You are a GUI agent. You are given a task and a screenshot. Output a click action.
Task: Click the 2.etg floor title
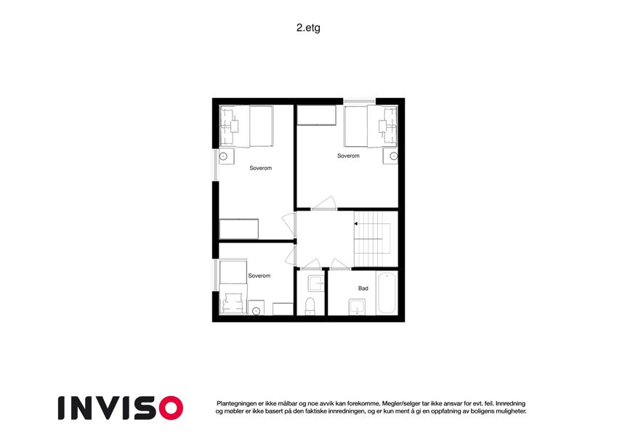tap(308, 28)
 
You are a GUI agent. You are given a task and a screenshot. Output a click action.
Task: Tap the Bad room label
tap(363, 288)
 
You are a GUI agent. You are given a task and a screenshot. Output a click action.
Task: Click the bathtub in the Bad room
tap(387, 293)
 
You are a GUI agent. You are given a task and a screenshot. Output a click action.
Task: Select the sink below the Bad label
tap(357, 307)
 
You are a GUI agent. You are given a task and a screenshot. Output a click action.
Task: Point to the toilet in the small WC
tap(310, 306)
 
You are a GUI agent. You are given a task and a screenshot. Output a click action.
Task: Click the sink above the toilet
tap(316, 283)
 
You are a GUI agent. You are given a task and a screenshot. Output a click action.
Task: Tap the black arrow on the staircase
tap(355, 224)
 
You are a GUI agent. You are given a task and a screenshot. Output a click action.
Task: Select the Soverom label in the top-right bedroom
tap(348, 156)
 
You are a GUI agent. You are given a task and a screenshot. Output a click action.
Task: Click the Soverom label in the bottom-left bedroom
tap(259, 276)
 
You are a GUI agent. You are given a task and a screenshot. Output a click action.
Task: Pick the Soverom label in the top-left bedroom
tap(260, 168)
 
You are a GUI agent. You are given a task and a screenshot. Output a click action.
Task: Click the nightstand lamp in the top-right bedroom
tap(393, 156)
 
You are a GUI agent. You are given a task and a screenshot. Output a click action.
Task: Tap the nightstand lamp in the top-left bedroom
tap(224, 156)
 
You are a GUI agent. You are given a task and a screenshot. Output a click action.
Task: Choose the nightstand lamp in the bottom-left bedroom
tap(256, 311)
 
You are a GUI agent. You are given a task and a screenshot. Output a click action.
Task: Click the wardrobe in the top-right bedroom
tap(316, 115)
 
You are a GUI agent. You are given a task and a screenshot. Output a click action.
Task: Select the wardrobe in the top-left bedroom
tap(239, 229)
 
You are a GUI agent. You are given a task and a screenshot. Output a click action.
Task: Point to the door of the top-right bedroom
tap(324, 203)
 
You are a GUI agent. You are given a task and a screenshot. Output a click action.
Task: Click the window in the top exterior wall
tap(359, 102)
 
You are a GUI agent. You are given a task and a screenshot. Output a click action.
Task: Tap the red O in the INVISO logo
tap(172, 408)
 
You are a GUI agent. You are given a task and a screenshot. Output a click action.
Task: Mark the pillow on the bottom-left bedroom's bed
tap(230, 304)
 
